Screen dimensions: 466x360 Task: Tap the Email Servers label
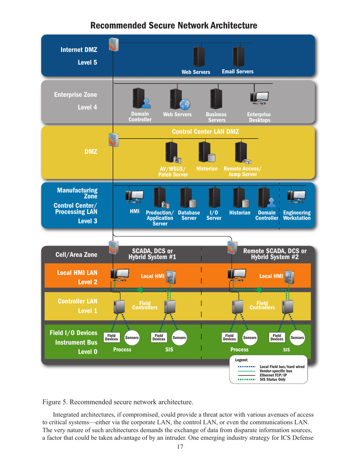click(238, 71)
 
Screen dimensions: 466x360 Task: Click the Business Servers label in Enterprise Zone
click(216, 117)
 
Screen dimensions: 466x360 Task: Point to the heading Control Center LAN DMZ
click(205, 131)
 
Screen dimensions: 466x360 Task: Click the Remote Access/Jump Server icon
click(241, 153)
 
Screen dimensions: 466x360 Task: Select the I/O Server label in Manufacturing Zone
click(213, 215)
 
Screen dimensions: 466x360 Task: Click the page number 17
click(180, 447)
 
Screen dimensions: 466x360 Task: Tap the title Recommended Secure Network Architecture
click(174, 26)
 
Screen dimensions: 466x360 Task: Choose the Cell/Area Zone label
click(76, 255)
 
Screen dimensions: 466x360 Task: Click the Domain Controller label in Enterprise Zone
click(140, 117)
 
